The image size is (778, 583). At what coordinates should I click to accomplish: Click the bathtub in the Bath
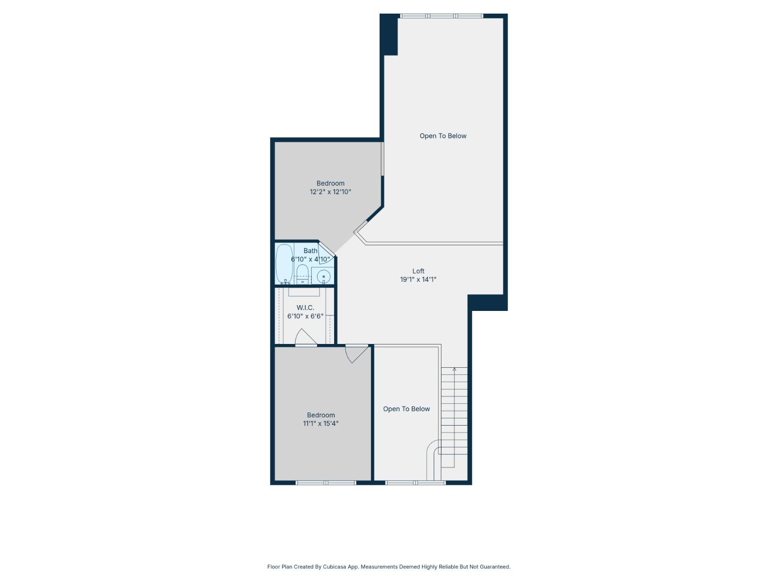[x=284, y=264]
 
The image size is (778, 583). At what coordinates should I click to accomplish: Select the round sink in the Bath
[x=323, y=277]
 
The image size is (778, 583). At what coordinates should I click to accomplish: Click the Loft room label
[x=418, y=271]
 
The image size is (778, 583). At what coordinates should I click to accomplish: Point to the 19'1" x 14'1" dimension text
[x=418, y=279]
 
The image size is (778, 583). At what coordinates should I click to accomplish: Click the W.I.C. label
[x=305, y=308]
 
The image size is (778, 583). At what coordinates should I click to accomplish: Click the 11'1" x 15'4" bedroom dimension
[x=321, y=424]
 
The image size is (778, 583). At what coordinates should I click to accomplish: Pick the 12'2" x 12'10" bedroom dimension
[x=331, y=192]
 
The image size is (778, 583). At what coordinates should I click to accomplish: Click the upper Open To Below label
[x=443, y=136]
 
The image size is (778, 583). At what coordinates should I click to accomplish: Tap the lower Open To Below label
[x=407, y=409]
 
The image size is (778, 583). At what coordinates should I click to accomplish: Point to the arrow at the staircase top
[x=454, y=370]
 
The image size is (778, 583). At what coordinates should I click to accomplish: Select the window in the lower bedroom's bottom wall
[x=326, y=483]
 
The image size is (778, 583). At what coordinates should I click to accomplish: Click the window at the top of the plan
[x=442, y=16]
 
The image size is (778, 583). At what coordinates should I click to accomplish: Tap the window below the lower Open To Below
[x=415, y=483]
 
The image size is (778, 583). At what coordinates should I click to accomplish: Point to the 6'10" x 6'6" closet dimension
[x=305, y=316]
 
